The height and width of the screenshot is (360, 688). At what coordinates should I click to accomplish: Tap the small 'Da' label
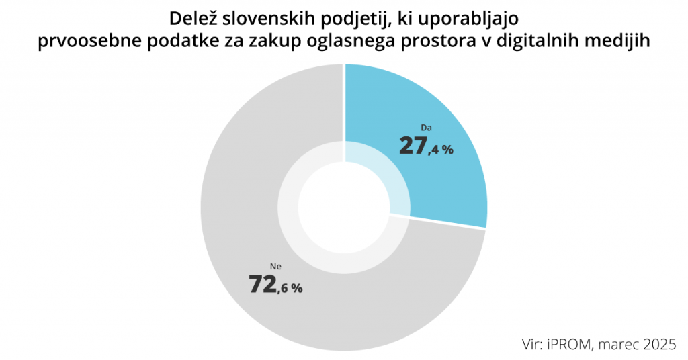tap(425, 127)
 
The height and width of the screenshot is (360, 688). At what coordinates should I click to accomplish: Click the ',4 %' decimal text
tap(441, 149)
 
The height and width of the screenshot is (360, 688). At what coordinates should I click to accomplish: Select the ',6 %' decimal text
tap(290, 288)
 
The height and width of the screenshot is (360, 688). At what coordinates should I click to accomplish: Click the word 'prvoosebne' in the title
tap(85, 42)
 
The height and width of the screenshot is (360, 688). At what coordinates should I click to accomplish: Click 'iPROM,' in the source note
tap(576, 345)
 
